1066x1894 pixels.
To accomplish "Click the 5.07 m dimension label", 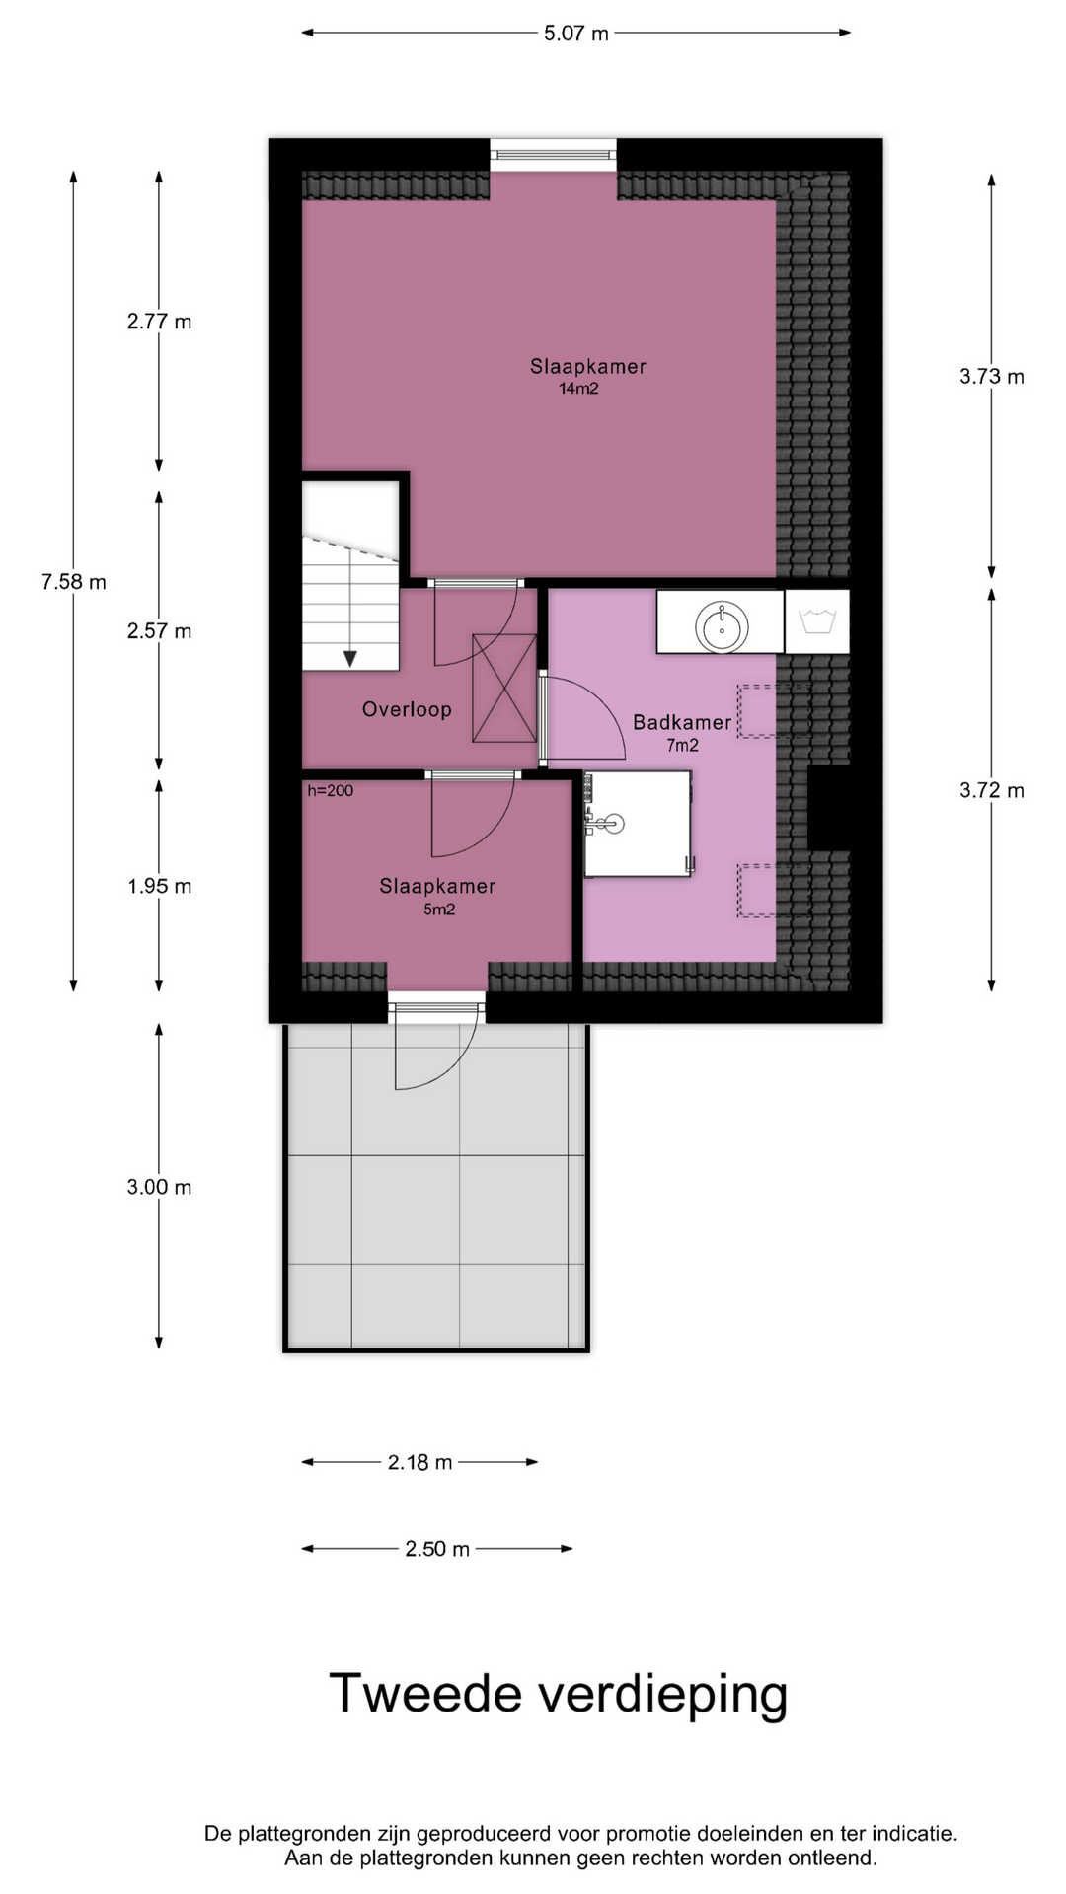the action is (x=576, y=34).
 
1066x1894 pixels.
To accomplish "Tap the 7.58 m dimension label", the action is (x=74, y=582).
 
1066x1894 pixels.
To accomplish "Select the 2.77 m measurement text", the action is (x=159, y=322).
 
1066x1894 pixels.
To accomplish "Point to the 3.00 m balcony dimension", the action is (x=159, y=1187).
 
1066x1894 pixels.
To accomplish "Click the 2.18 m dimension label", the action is (x=419, y=1462).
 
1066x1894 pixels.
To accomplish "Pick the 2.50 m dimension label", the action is (x=437, y=1549).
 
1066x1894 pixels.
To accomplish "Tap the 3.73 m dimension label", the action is (x=992, y=376).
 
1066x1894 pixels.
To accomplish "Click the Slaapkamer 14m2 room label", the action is (x=587, y=376).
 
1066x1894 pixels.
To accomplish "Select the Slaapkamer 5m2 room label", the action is (x=437, y=896).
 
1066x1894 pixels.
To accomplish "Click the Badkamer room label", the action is (x=682, y=732).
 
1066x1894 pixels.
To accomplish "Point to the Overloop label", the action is (x=407, y=709).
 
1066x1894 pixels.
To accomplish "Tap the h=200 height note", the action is (x=330, y=790).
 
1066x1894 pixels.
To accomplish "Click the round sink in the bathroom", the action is (x=722, y=625).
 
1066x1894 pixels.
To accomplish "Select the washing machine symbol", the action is (x=817, y=621).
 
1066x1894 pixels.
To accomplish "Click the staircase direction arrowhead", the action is (x=349, y=659).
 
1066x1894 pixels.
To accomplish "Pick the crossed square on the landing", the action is (x=504, y=688).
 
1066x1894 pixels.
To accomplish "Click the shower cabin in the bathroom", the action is (x=638, y=824).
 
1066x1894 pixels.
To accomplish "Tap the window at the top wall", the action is (x=553, y=154).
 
